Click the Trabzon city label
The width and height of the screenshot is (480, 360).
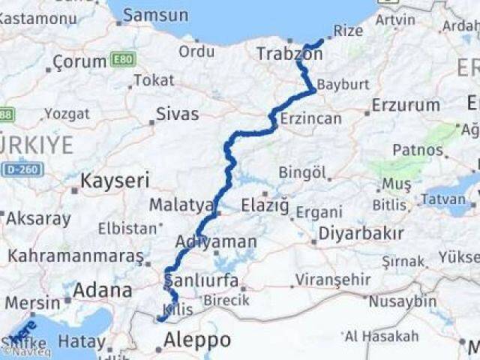(x=289, y=54)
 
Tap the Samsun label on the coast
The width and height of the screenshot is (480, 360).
(x=155, y=15)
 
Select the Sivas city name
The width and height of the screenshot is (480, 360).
(x=177, y=114)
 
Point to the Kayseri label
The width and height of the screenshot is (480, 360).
(x=115, y=181)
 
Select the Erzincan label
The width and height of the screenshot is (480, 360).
(x=310, y=118)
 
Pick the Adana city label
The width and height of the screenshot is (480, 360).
(x=103, y=289)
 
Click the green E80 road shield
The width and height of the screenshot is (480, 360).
(x=122, y=59)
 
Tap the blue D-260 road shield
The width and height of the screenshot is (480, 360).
(x=22, y=169)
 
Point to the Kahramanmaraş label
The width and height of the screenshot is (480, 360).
(x=75, y=256)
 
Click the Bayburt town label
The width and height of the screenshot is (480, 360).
(x=343, y=84)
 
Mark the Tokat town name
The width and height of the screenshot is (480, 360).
(x=154, y=81)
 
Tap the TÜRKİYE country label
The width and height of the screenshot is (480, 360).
(x=37, y=145)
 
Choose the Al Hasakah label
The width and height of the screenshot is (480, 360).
(x=382, y=335)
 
